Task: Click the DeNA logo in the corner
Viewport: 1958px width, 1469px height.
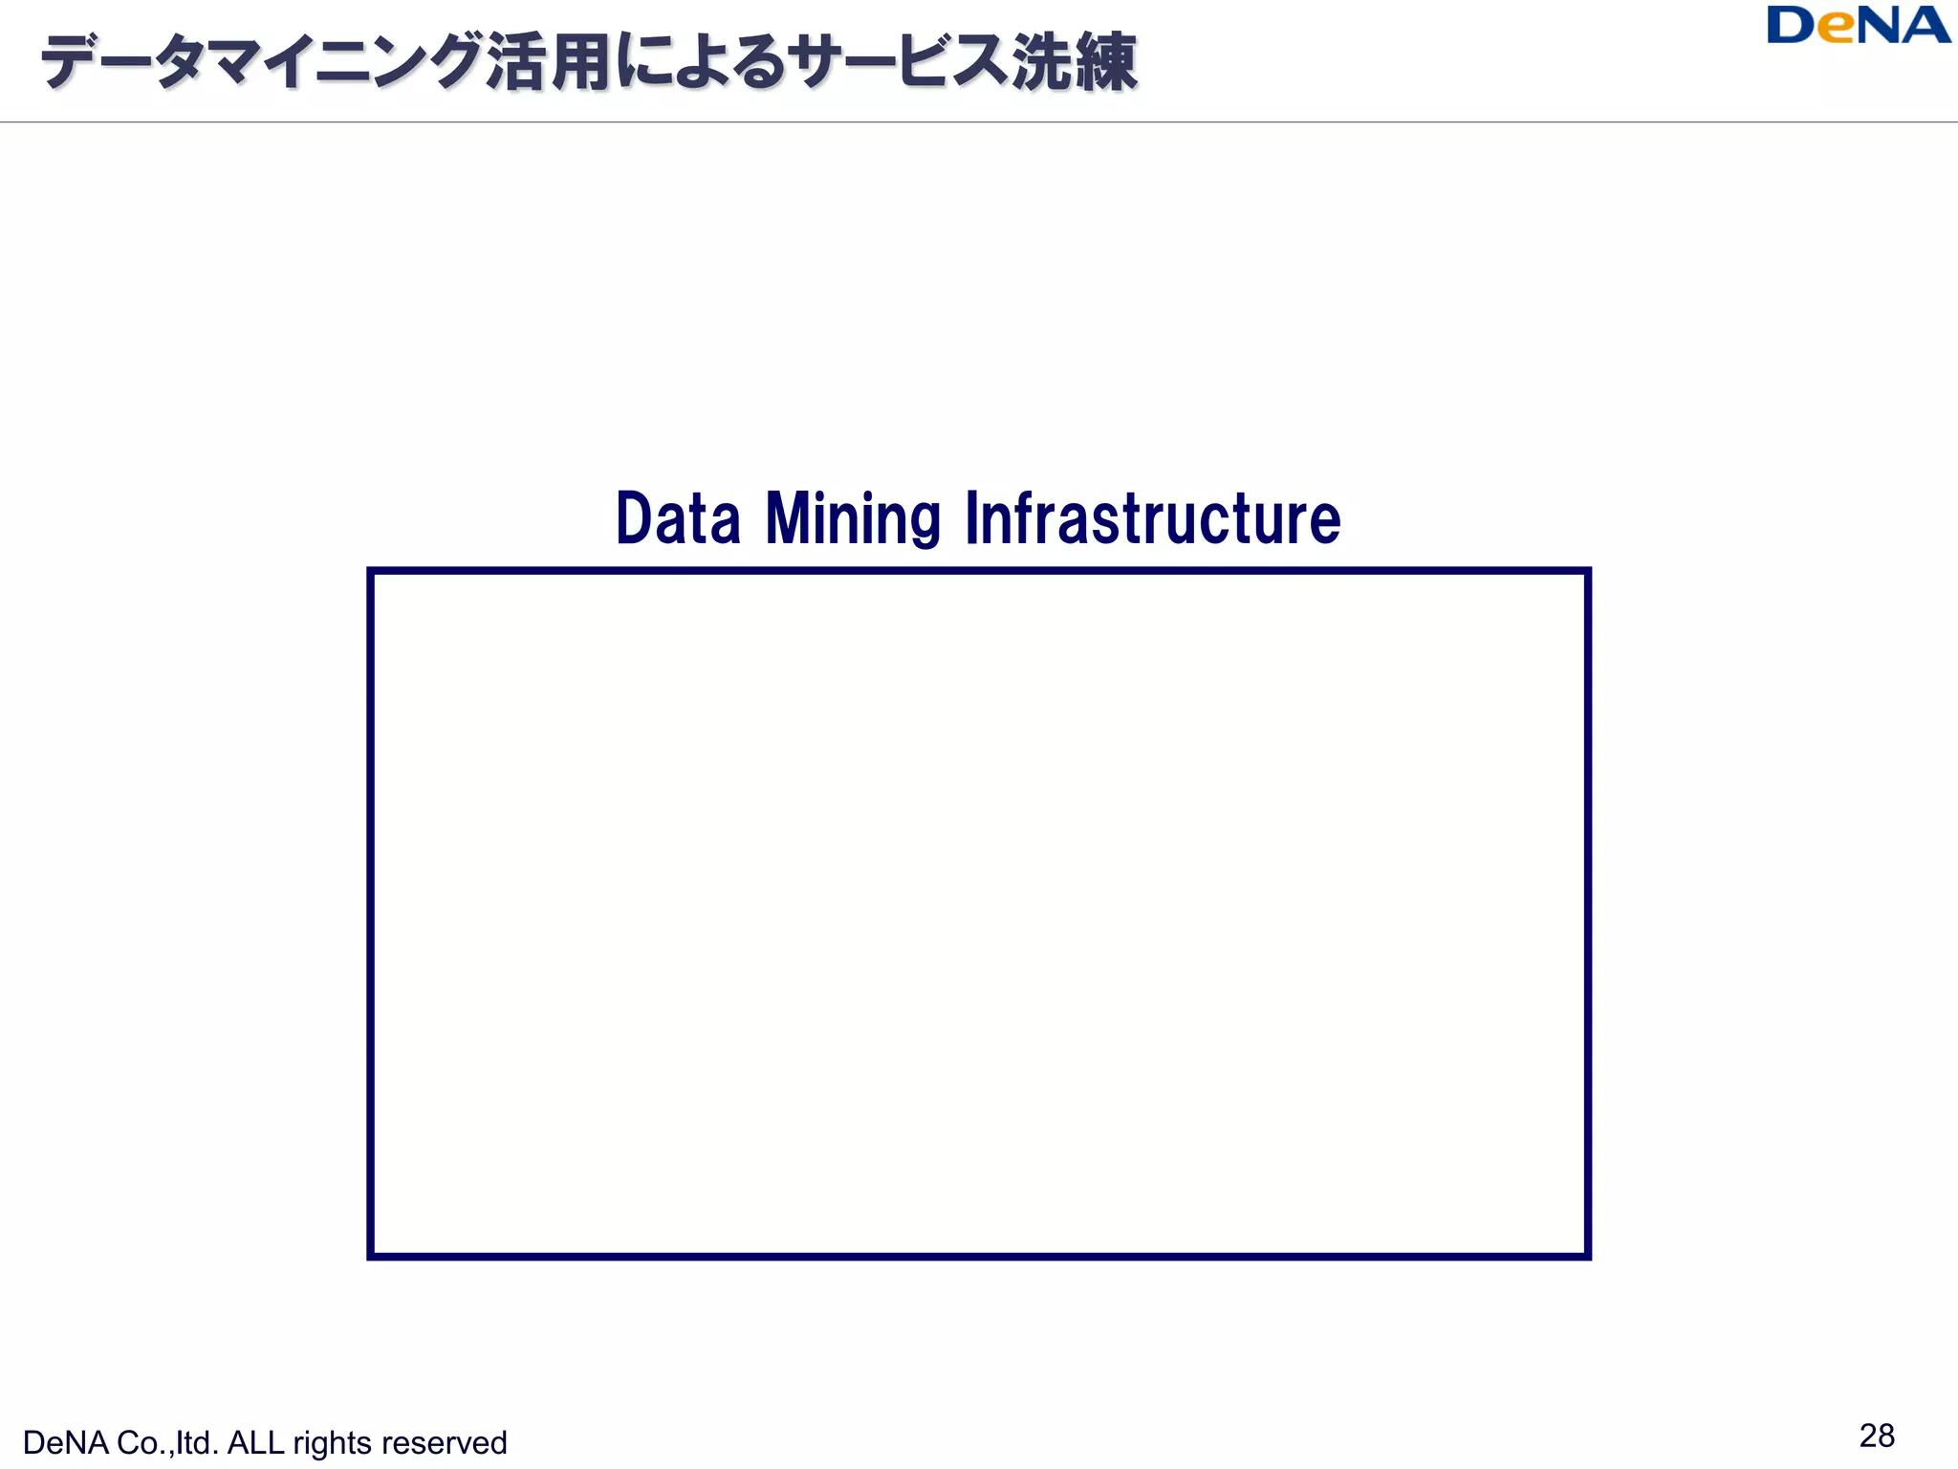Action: (1858, 26)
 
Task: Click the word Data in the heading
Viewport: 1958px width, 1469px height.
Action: (678, 518)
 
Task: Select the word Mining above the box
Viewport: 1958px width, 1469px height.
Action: (853, 520)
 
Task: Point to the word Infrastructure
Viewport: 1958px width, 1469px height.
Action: (1153, 518)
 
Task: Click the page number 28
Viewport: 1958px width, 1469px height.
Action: (1877, 1436)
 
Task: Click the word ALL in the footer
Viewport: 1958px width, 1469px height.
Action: (255, 1443)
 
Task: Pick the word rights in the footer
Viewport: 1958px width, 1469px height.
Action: (332, 1443)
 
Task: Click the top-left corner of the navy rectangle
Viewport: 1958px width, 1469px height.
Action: (371, 572)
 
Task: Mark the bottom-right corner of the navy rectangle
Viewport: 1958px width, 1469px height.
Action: (1587, 1256)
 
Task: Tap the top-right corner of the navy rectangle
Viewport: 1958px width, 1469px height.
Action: (1587, 572)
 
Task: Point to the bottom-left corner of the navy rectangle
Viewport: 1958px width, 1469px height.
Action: (371, 1256)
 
